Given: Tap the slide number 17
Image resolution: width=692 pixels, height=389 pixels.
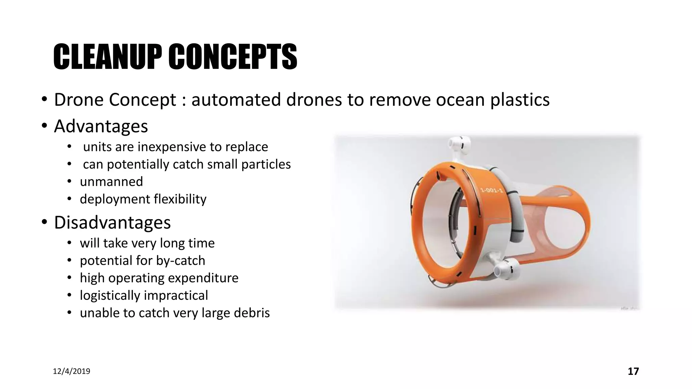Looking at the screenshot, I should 633,371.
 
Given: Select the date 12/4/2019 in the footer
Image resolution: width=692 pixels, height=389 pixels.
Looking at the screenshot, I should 72,371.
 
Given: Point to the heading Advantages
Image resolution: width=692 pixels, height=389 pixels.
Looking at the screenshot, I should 101,126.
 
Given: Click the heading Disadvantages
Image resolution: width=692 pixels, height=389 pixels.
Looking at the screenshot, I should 112,223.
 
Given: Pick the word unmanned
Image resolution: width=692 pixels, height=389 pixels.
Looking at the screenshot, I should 111,182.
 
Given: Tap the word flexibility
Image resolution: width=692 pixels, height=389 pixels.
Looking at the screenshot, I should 180,199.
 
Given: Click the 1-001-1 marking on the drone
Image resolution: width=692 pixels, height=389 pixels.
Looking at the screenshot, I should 492,191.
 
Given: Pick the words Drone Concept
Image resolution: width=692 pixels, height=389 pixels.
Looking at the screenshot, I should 115,100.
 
